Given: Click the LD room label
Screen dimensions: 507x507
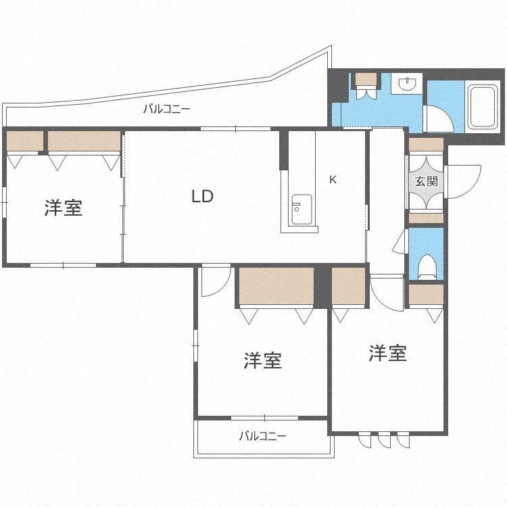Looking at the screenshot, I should click(202, 197).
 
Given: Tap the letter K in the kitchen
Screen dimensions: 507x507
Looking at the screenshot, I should click(332, 180).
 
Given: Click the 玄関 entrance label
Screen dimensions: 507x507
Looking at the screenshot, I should click(426, 181).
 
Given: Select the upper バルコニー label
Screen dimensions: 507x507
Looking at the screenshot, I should click(166, 109).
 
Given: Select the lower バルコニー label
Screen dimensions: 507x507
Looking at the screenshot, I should click(262, 436).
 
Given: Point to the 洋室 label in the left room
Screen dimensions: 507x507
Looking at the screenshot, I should click(64, 208).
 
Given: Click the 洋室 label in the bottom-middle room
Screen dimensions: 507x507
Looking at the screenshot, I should click(263, 360).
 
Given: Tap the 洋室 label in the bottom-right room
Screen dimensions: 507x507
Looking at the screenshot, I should click(387, 352).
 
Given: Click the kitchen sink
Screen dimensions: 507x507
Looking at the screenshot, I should click(301, 209).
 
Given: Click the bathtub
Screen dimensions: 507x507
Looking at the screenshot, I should click(484, 107).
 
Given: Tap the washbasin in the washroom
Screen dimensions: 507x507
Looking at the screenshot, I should click(407, 84).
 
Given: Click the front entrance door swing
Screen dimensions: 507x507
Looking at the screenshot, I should click(462, 181).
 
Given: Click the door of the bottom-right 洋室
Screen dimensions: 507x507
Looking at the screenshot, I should click(386, 292).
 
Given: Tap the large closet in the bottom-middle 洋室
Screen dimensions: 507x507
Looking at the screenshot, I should click(276, 287).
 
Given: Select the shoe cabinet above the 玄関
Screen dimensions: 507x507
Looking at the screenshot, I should click(426, 144).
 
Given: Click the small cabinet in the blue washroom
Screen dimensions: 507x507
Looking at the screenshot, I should click(367, 79).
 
